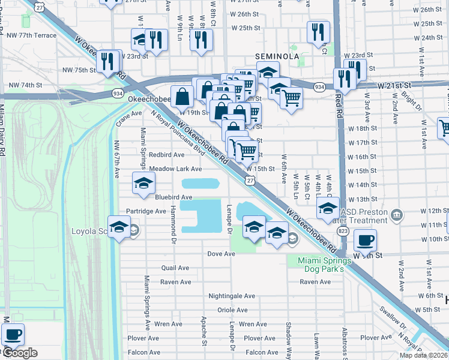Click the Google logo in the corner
[x=20, y=353]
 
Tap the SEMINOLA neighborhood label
[x=277, y=56]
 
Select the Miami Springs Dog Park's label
[x=325, y=264]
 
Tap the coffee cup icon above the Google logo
[x=13, y=334]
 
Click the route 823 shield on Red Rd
[x=342, y=230]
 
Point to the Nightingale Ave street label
[x=232, y=296]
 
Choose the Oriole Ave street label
[x=232, y=310]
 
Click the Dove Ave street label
[x=221, y=254]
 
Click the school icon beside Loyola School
[x=119, y=227]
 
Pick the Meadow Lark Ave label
[x=175, y=169]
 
